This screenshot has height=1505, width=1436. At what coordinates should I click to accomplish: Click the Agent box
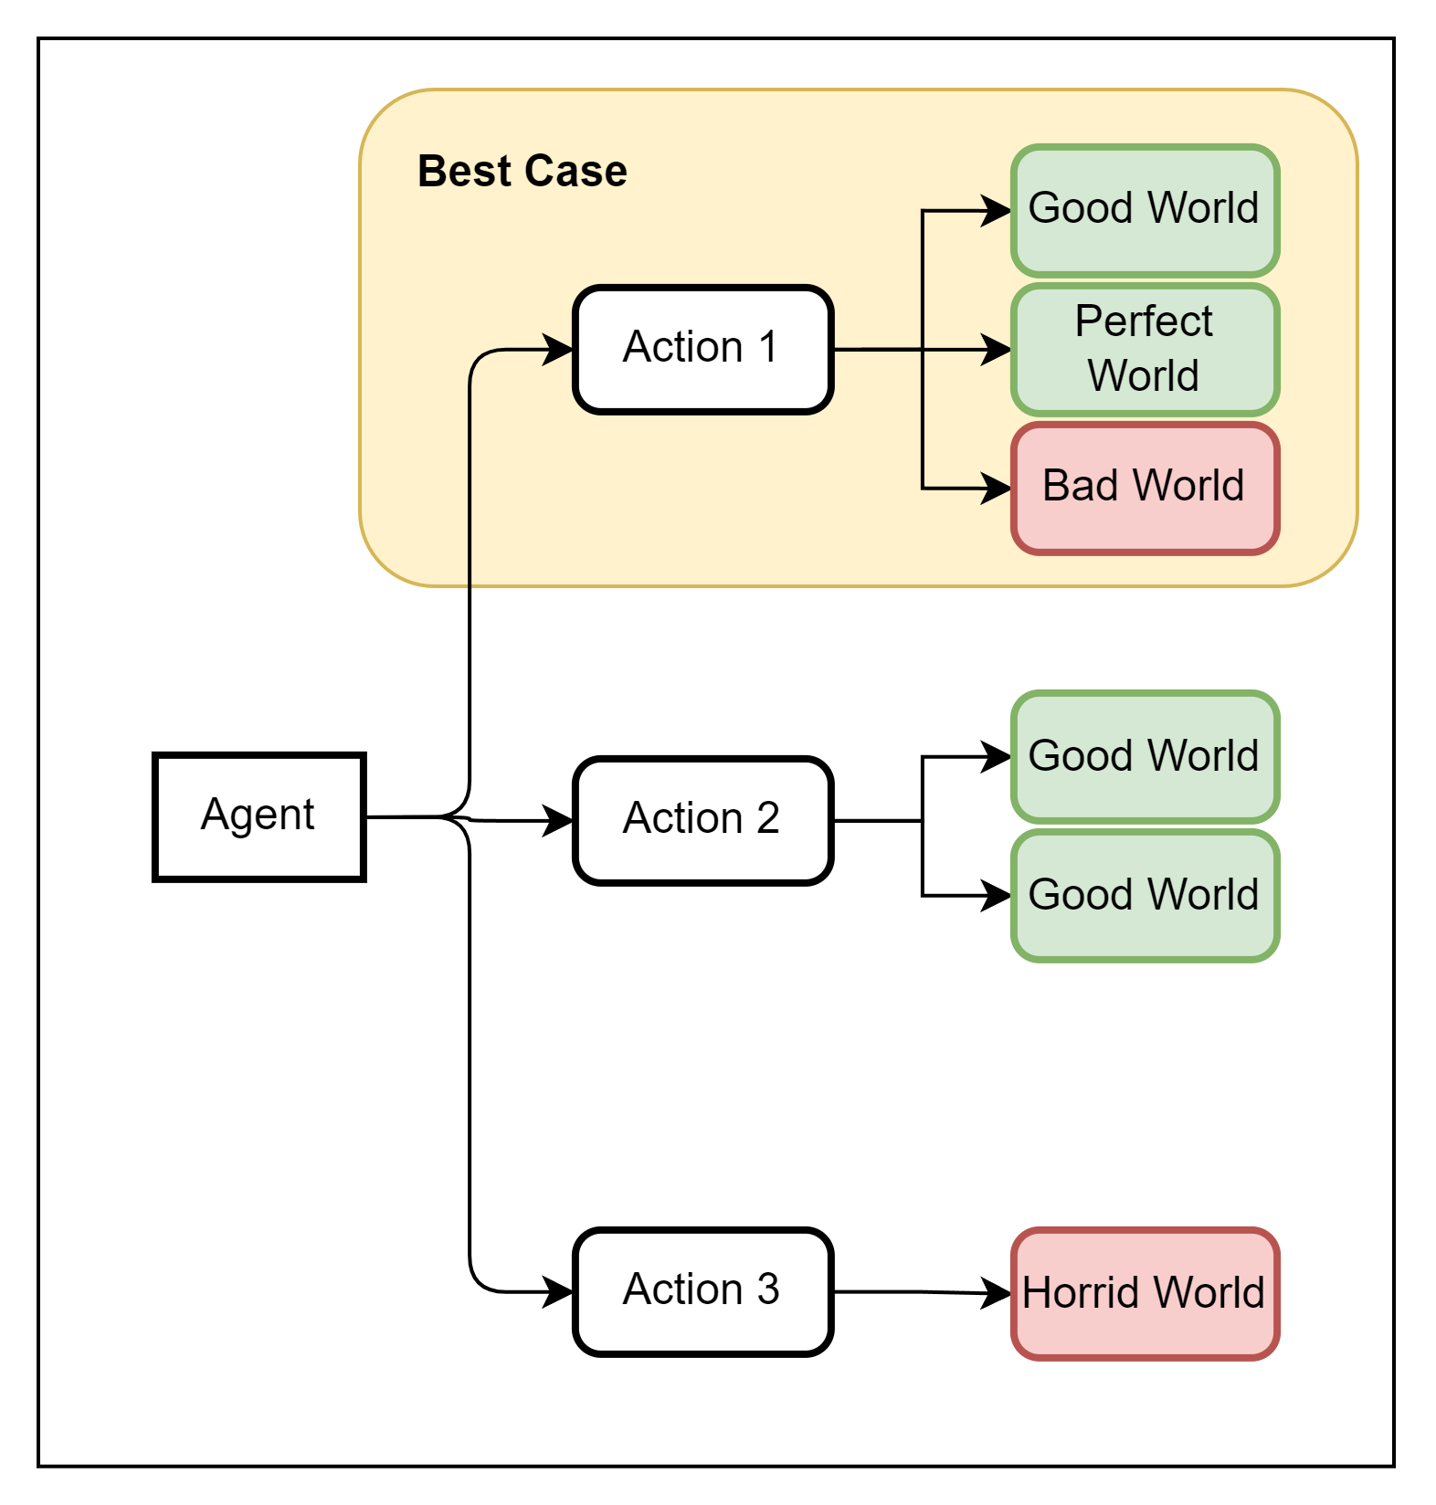tap(259, 816)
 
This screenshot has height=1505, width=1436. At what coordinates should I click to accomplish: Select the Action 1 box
tap(702, 349)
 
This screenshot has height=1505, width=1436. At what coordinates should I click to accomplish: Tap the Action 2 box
tap(702, 820)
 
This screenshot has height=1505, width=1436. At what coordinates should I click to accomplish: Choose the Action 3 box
tap(702, 1291)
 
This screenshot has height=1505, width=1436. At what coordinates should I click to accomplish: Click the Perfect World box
tap(1145, 349)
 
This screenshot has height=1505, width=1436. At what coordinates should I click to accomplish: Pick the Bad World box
tap(1145, 488)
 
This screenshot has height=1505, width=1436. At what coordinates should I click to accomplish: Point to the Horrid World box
tap(1145, 1293)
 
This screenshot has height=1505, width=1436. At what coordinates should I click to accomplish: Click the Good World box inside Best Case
tap(1145, 210)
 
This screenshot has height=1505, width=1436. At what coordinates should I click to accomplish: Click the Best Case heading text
tap(522, 171)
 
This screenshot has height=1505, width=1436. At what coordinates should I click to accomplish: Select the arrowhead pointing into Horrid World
tap(997, 1293)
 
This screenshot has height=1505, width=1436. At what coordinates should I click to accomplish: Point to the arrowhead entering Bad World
tap(997, 488)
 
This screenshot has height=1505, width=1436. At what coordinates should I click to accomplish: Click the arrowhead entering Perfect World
tap(997, 349)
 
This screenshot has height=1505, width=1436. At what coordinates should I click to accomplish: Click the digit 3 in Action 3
tap(767, 1289)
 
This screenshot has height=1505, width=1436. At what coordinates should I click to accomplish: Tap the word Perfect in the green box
tap(1143, 321)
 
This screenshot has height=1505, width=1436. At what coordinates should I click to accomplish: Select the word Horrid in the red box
tap(1074, 1293)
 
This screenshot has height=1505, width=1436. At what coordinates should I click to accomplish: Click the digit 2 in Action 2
tap(767, 817)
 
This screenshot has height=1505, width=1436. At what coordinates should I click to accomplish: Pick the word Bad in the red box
tap(1080, 485)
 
